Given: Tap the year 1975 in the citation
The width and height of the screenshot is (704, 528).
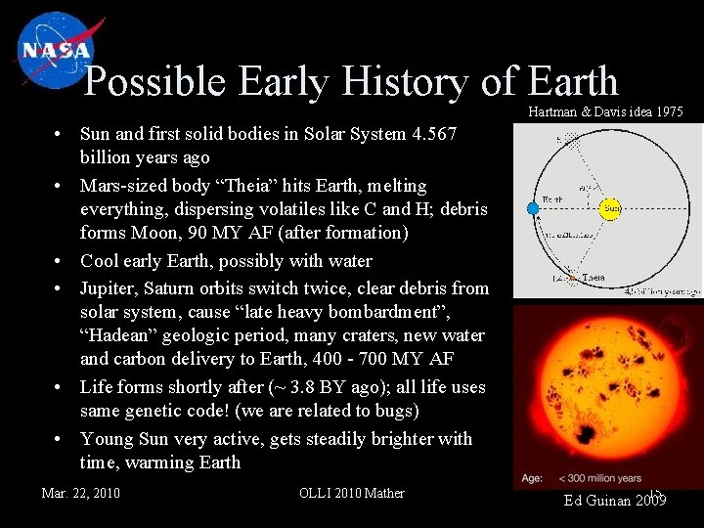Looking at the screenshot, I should [x=668, y=112].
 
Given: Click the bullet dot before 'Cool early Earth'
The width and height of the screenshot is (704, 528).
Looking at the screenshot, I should [x=60, y=261].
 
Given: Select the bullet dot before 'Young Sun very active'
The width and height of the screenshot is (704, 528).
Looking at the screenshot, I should [x=60, y=439].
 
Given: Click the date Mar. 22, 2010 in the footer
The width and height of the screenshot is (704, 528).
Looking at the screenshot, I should [x=81, y=493].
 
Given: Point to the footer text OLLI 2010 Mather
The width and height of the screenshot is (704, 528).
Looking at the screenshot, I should [x=351, y=493].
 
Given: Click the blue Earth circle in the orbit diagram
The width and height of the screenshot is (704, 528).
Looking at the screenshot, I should [x=533, y=208].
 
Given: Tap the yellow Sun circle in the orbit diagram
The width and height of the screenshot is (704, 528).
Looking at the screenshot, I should [x=611, y=208].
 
